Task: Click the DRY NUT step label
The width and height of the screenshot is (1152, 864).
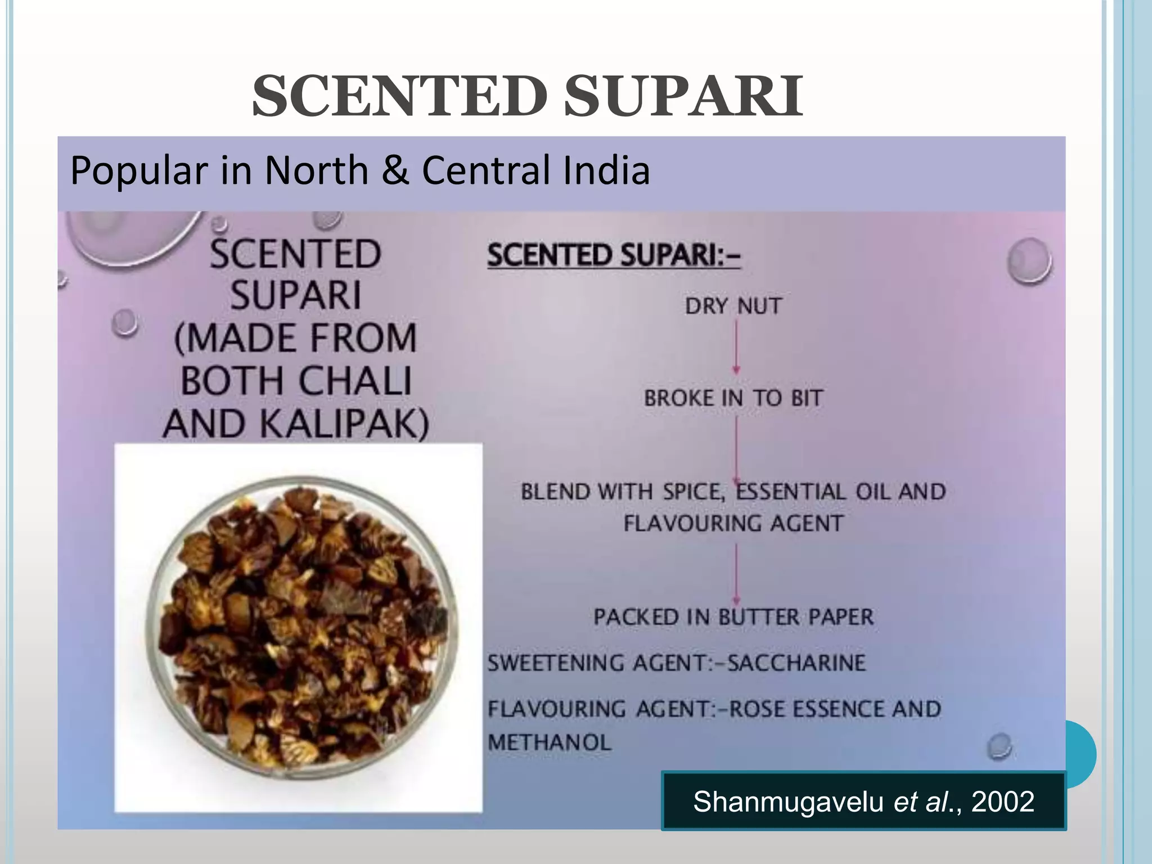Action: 733,307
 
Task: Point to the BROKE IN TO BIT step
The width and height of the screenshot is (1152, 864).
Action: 733,398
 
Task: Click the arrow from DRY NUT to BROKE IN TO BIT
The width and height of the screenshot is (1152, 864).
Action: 736,346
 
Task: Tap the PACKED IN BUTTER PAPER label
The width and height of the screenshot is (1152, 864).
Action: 733,617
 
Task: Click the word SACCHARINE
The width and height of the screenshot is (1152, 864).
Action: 796,663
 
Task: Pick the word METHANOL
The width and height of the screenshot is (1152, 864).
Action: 549,742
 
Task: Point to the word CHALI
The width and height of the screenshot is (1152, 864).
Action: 355,381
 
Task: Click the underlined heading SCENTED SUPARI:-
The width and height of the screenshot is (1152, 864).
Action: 614,255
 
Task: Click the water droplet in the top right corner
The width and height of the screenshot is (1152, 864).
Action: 1029,261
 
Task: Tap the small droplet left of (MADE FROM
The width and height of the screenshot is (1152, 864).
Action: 124,323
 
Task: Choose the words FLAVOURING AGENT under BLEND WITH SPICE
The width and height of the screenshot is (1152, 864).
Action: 733,524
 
